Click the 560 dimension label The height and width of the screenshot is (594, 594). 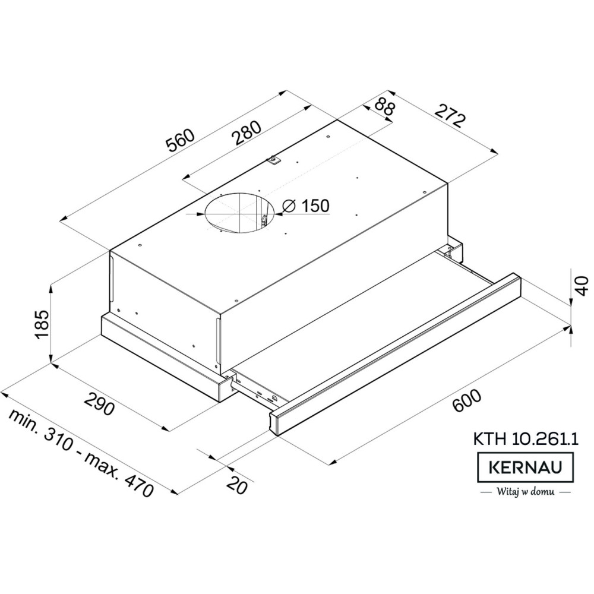181,141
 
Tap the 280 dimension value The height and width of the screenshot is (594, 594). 247,133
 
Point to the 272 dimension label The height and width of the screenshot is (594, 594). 449,116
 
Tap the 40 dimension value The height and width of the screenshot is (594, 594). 581,286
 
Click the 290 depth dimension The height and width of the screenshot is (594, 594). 99,404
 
